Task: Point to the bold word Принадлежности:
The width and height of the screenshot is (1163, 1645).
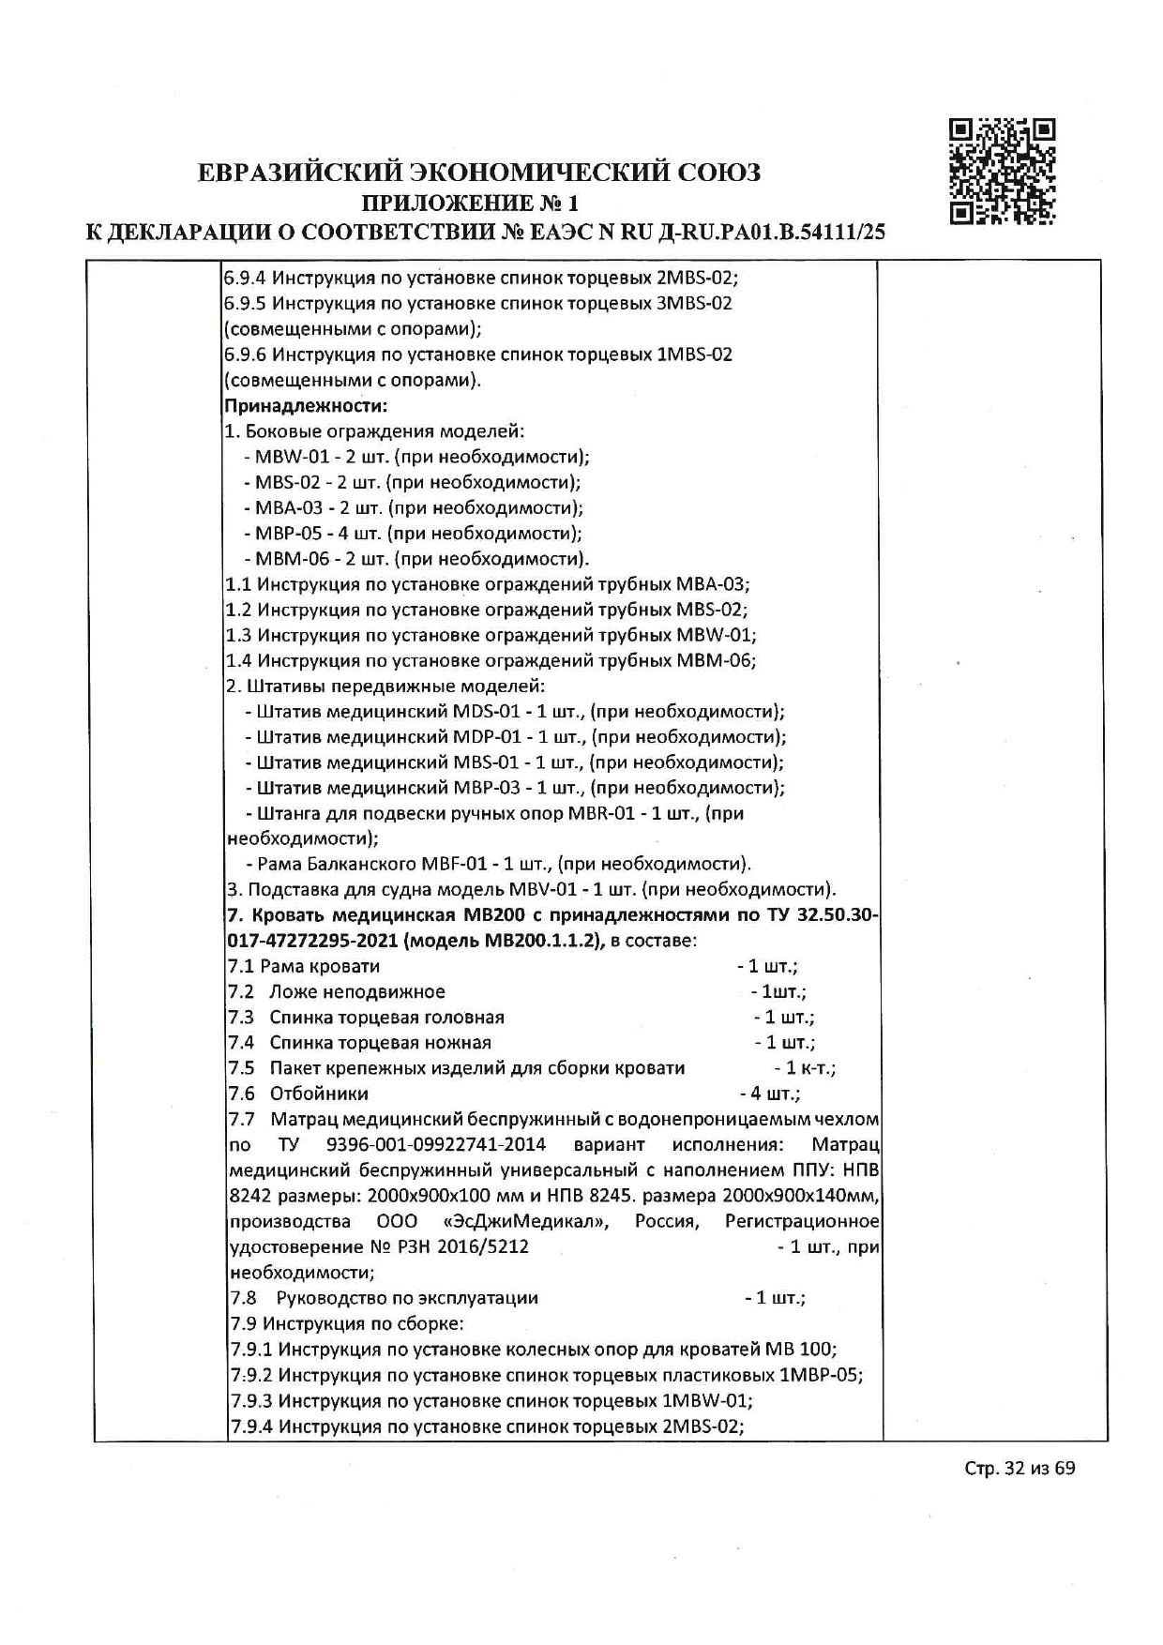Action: coord(306,406)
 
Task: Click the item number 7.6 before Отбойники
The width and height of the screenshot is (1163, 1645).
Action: coord(242,1094)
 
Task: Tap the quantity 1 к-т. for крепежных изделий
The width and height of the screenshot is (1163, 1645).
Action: coord(806,1068)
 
